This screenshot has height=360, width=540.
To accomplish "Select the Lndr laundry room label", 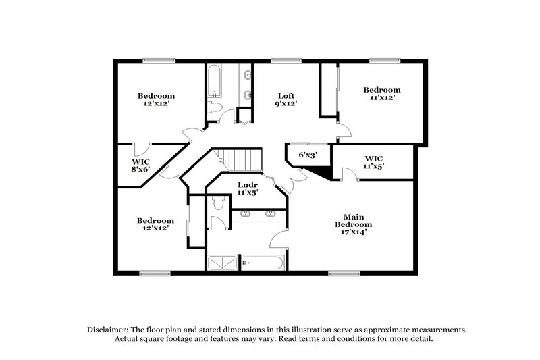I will [x=246, y=188].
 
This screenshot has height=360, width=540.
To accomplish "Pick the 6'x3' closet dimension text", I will [x=308, y=154].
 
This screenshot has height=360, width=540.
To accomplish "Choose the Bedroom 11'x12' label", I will [x=381, y=93].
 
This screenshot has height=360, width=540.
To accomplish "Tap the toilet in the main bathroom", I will [x=218, y=202].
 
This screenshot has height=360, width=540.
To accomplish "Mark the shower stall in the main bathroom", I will [x=223, y=261].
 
